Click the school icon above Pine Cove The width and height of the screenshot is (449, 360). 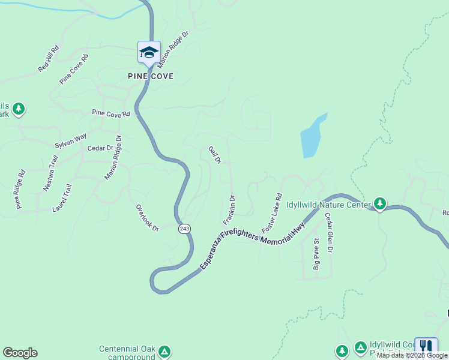(149, 52)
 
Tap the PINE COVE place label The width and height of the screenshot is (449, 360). (151, 76)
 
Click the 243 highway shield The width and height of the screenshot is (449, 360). (184, 229)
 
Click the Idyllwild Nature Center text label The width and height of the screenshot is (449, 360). (328, 205)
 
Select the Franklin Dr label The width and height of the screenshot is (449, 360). (228, 209)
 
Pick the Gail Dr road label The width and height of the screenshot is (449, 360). (215, 155)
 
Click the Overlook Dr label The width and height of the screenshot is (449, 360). (146, 217)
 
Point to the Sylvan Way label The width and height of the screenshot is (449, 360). (71, 142)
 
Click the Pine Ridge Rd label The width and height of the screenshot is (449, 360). (20, 190)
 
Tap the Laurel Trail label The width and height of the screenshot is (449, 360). (62, 198)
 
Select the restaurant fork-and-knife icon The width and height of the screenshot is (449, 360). (426, 346)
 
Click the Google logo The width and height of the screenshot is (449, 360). (20, 353)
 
